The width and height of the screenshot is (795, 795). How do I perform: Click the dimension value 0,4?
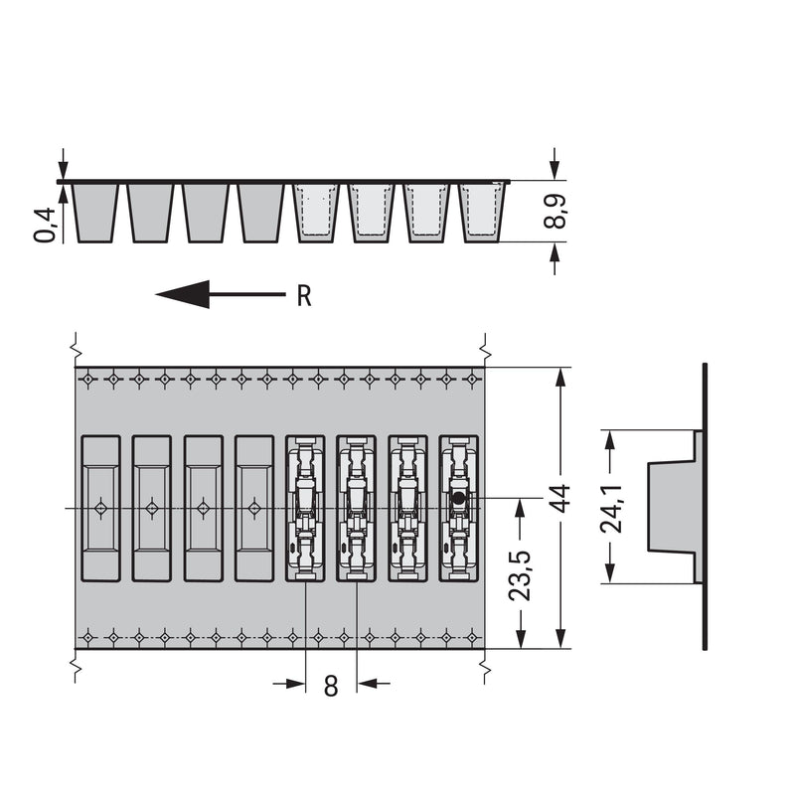[x=45, y=225]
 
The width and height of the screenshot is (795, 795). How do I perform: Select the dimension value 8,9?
[x=555, y=212]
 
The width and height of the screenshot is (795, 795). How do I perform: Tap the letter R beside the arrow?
[x=304, y=296]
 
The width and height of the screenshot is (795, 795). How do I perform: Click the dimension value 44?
[x=560, y=499]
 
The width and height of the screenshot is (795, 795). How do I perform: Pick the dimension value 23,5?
[x=520, y=575]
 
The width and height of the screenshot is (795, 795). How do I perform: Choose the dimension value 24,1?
[x=610, y=508]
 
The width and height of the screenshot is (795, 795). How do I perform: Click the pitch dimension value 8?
[x=331, y=687]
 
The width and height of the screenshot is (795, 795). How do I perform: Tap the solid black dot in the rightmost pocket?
[x=459, y=499]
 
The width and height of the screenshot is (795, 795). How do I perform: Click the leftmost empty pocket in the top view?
[x=101, y=508]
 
